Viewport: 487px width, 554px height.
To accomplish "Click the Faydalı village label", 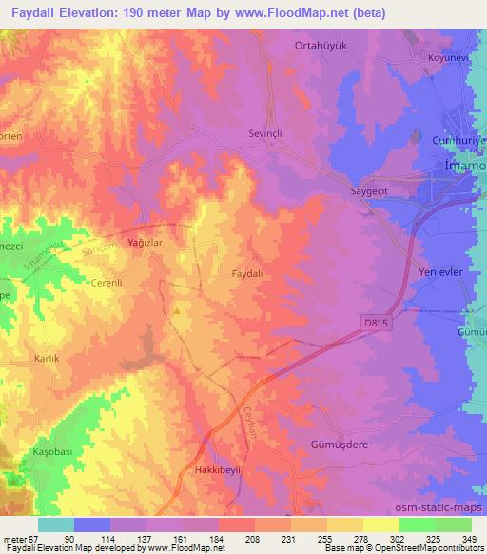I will pyautogui.click(x=247, y=272).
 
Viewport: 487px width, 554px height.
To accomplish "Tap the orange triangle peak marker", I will pyautogui.click(x=177, y=309).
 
